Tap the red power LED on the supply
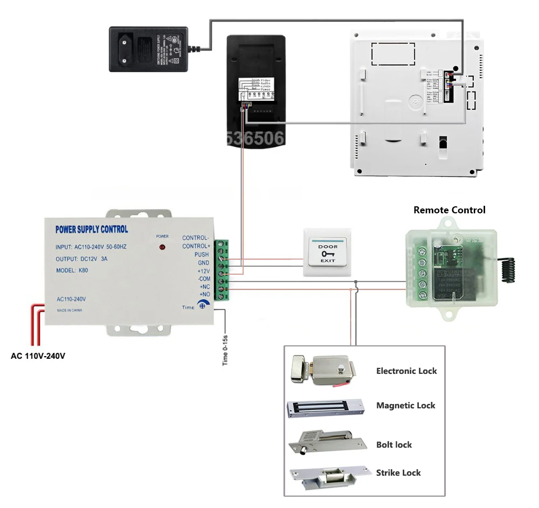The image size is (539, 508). pyautogui.click(x=162, y=247)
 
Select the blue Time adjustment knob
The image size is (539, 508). pyautogui.click(x=202, y=306)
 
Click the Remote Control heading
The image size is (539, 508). pyautogui.click(x=449, y=210)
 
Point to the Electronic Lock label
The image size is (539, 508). pyautogui.click(x=406, y=371)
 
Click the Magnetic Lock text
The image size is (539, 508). pyautogui.click(x=405, y=405)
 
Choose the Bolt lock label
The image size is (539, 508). pyautogui.click(x=393, y=444)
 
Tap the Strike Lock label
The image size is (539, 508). pyautogui.click(x=398, y=472)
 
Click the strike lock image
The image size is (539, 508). pyautogui.click(x=324, y=474)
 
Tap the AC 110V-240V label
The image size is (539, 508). pyautogui.click(x=38, y=356)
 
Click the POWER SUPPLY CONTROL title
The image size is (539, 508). pyautogui.click(x=92, y=229)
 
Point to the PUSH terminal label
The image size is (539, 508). pyautogui.click(x=201, y=254)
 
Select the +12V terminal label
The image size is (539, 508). pyautogui.click(x=203, y=271)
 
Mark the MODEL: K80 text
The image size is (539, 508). pyautogui.click(x=72, y=270)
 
